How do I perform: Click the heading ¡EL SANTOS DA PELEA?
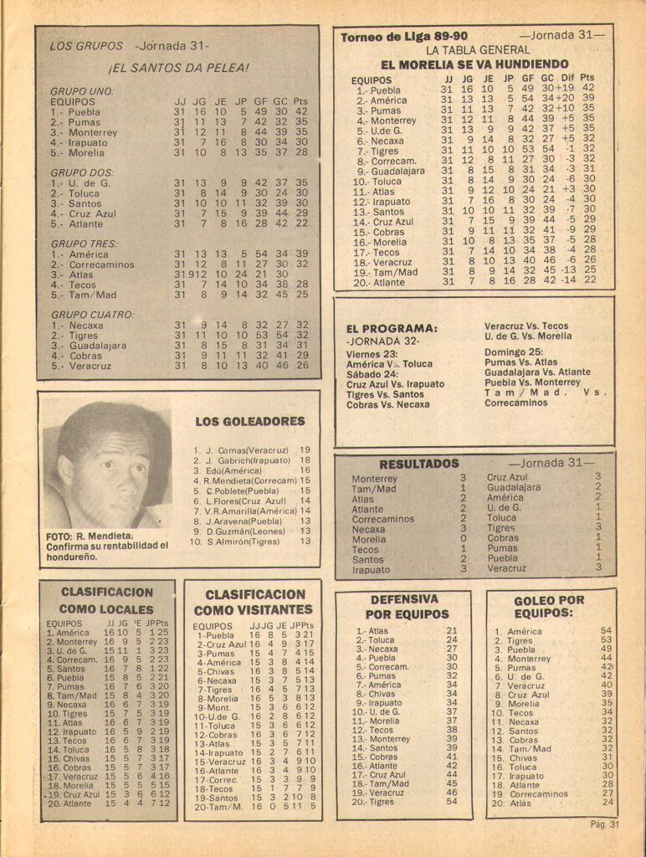pos(178,67)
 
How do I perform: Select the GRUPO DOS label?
pos(79,171)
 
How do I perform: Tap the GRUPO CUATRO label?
pos(92,315)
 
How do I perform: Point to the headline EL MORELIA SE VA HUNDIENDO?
pos(474,64)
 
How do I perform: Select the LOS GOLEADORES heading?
pos(250,421)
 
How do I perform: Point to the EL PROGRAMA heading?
pos(392,328)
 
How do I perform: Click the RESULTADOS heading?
pos(419,464)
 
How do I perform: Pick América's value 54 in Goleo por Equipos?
pos(607,631)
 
